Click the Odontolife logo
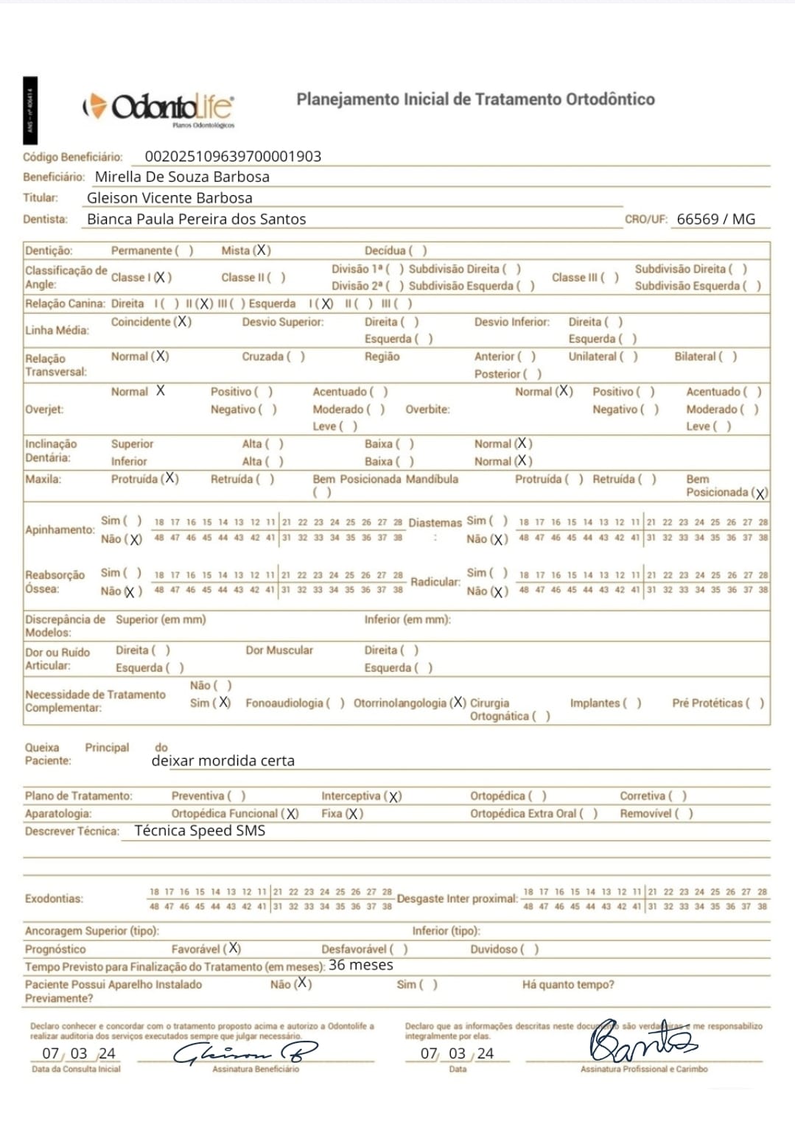[x=160, y=108]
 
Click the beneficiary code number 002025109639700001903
[x=233, y=156]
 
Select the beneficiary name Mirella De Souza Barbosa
[x=182, y=177]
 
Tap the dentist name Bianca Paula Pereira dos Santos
[x=196, y=219]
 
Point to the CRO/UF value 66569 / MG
[x=715, y=219]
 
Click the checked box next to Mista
[x=262, y=250]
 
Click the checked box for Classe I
[x=162, y=278]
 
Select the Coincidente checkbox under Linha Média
[x=182, y=322]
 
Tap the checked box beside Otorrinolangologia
[x=458, y=703]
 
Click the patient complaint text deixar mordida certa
[x=223, y=761]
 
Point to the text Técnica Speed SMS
[x=200, y=831]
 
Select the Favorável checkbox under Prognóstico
[x=232, y=949]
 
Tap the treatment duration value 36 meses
[x=360, y=965]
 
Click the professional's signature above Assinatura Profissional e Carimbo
[x=641, y=1042]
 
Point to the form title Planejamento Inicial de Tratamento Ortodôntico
[x=475, y=99]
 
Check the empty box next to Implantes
[x=632, y=703]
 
